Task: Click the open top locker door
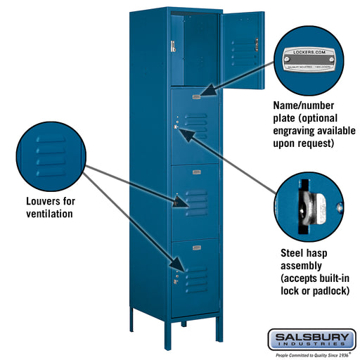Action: [241, 49]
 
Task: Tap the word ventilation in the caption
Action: [46, 213]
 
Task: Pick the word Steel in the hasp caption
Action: [292, 252]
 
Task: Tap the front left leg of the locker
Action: [133, 323]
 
